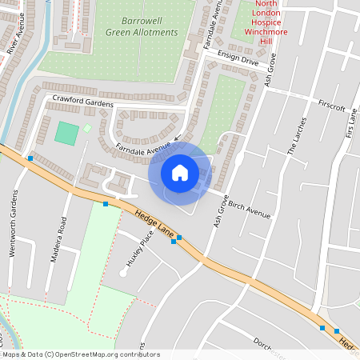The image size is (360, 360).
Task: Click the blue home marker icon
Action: point(180,172)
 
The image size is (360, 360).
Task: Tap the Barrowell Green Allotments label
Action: point(142,26)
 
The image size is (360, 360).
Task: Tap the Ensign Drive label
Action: point(239,59)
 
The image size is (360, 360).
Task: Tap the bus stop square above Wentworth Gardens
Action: point(30,158)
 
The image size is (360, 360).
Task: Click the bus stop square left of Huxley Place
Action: point(106,204)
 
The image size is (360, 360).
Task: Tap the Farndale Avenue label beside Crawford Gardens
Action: point(143,147)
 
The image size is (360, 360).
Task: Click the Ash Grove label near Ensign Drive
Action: point(270,70)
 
